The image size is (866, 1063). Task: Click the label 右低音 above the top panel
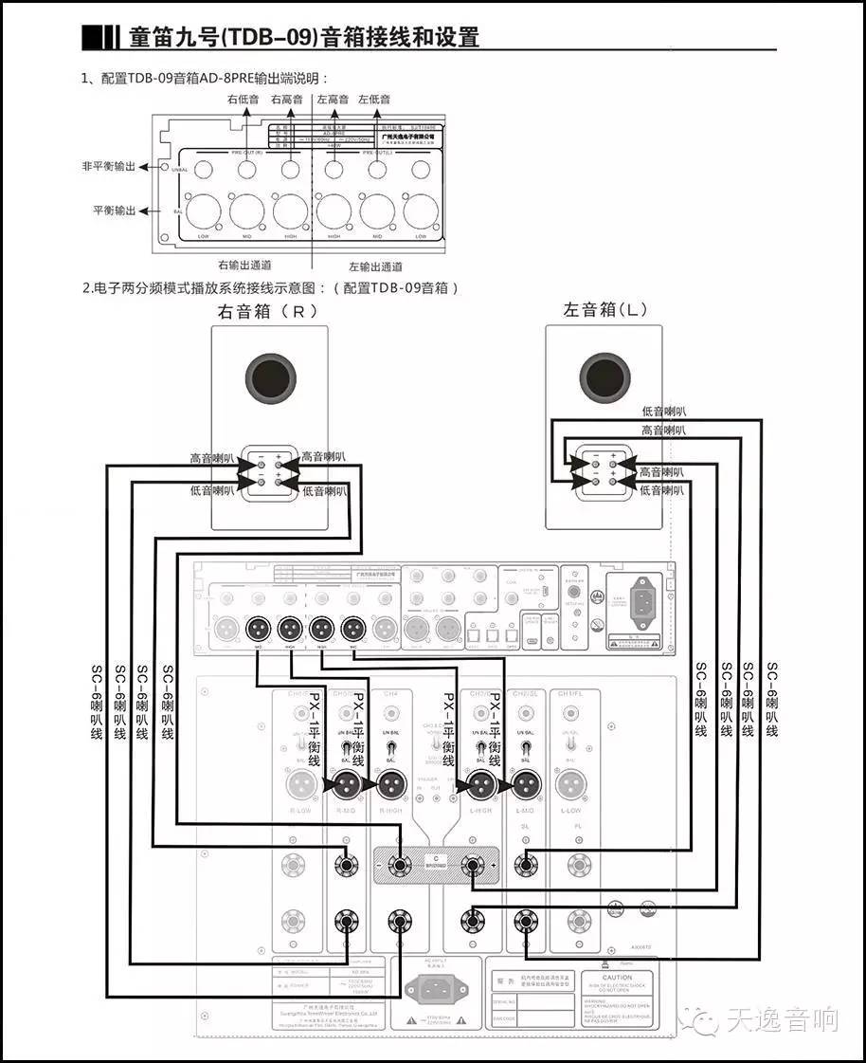click(x=243, y=99)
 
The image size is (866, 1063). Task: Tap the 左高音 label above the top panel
click(x=333, y=99)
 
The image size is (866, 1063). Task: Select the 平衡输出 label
click(x=114, y=210)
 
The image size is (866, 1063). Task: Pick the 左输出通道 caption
click(x=375, y=266)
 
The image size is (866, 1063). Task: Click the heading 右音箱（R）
click(x=268, y=311)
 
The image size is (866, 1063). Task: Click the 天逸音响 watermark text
click(x=782, y=1020)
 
